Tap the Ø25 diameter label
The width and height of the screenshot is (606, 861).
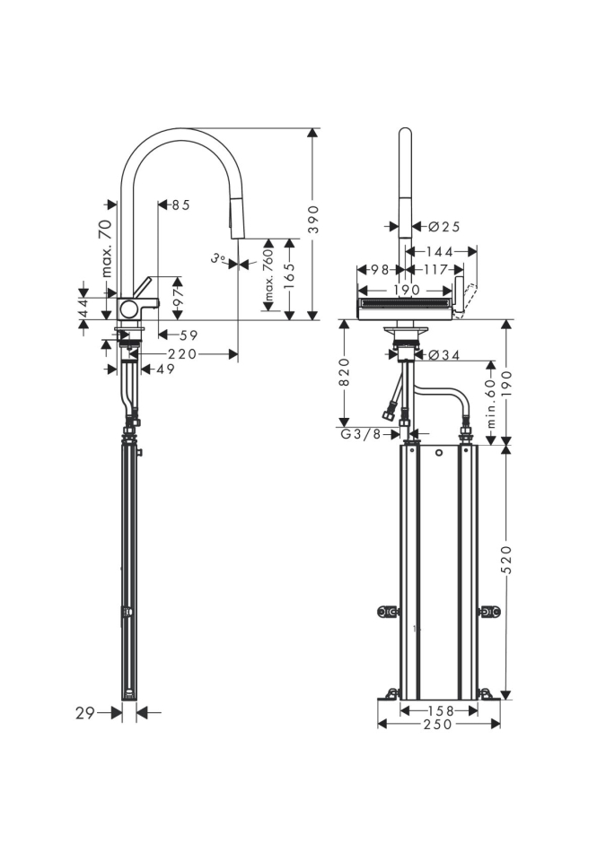438,227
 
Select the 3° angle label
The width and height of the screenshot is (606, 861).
217,258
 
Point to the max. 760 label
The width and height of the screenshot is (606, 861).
268,276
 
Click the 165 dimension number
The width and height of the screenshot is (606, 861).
289,278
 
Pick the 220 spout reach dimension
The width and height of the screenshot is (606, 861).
182,353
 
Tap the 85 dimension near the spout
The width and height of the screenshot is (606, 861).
180,204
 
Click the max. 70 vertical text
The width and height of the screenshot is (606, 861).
106,248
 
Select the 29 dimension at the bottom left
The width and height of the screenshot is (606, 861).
85,712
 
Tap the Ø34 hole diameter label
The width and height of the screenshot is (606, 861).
444,355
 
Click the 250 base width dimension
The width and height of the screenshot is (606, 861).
438,724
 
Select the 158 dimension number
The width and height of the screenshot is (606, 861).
438,709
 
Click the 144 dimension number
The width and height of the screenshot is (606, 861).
439,252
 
